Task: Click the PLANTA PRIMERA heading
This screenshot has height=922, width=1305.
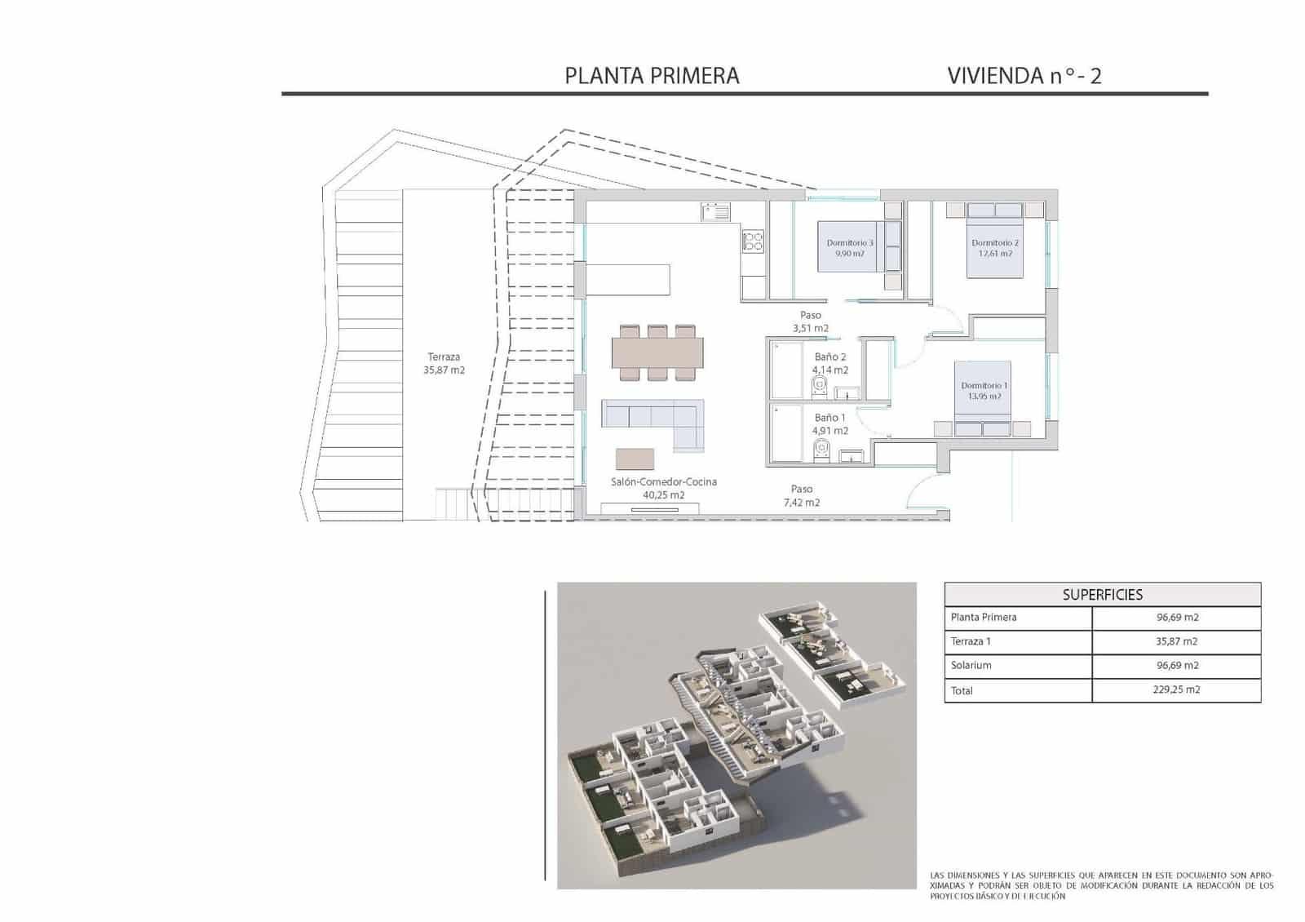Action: pyautogui.click(x=652, y=76)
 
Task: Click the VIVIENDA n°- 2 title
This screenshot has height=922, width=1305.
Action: pyautogui.click(x=1024, y=76)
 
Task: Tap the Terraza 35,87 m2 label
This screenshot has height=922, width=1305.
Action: pyautogui.click(x=444, y=363)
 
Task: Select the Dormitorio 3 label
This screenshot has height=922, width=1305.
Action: pyautogui.click(x=849, y=248)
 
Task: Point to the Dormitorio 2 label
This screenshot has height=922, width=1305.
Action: pyautogui.click(x=995, y=248)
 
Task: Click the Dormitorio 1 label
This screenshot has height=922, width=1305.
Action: pyautogui.click(x=984, y=391)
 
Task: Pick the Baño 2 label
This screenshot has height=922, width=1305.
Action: pyautogui.click(x=829, y=363)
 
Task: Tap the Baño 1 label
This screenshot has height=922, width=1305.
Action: pyautogui.click(x=829, y=423)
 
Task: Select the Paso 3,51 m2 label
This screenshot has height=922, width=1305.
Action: pyautogui.click(x=810, y=321)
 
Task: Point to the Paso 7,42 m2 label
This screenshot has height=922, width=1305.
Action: pyautogui.click(x=801, y=495)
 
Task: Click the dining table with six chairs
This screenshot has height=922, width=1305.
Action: pyautogui.click(x=657, y=352)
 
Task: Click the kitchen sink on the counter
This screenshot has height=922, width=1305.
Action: pyautogui.click(x=716, y=212)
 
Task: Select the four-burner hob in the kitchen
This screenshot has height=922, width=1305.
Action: pyautogui.click(x=752, y=241)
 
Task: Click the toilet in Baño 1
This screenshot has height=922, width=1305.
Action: pyautogui.click(x=821, y=449)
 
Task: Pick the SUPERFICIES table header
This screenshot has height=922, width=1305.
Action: pyautogui.click(x=1102, y=595)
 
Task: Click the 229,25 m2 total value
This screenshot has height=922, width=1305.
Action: pyautogui.click(x=1177, y=690)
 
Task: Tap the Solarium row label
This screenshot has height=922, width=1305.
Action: pyautogui.click(x=971, y=666)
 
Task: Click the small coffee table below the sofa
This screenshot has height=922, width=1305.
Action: pyautogui.click(x=635, y=459)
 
